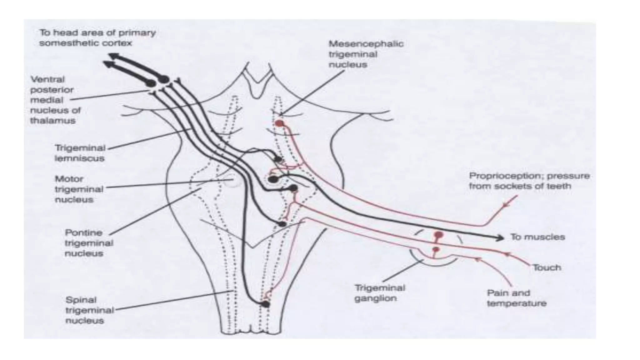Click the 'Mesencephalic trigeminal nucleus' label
coord(366,54)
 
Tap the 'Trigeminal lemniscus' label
coord(80,153)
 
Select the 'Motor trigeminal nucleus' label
coord(79,189)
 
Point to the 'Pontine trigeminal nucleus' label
coord(89,243)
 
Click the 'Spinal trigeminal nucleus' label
coord(89,310)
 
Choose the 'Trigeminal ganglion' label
coord(380,293)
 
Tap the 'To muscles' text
coord(537,237)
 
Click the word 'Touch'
coord(547,267)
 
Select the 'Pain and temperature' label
coord(516,298)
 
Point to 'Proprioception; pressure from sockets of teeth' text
coord(529,181)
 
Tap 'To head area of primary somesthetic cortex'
coord(97,37)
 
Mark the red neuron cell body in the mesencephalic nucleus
coord(279,123)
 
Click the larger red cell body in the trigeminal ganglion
coord(439,235)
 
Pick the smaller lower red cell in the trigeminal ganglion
coord(436,249)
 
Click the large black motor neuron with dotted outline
coord(273,179)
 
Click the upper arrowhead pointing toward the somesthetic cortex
coord(112,56)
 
